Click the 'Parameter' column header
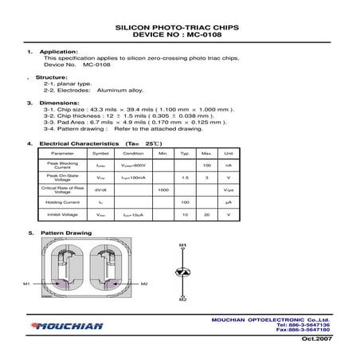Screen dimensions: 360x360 pyautogui.click(x=62, y=153)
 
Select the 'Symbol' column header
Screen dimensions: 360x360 pyautogui.click(x=100, y=153)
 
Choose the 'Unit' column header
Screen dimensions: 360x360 pyautogui.click(x=228, y=153)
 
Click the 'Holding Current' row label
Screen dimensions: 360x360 pyautogui.click(x=62, y=202)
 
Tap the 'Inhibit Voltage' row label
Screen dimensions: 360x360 pyautogui.click(x=62, y=216)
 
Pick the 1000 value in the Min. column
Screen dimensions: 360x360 pyautogui.click(x=163, y=190)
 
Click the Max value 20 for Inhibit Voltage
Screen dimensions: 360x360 pyautogui.click(x=205, y=216)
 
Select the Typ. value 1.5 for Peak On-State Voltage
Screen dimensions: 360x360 pyautogui.click(x=184, y=177)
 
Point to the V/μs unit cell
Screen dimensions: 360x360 pyautogui.click(x=228, y=190)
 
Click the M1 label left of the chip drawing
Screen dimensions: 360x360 pyautogui.click(x=26, y=284)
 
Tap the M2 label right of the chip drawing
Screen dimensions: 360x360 pyautogui.click(x=143, y=284)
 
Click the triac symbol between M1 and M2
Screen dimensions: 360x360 pyautogui.click(x=182, y=272)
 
